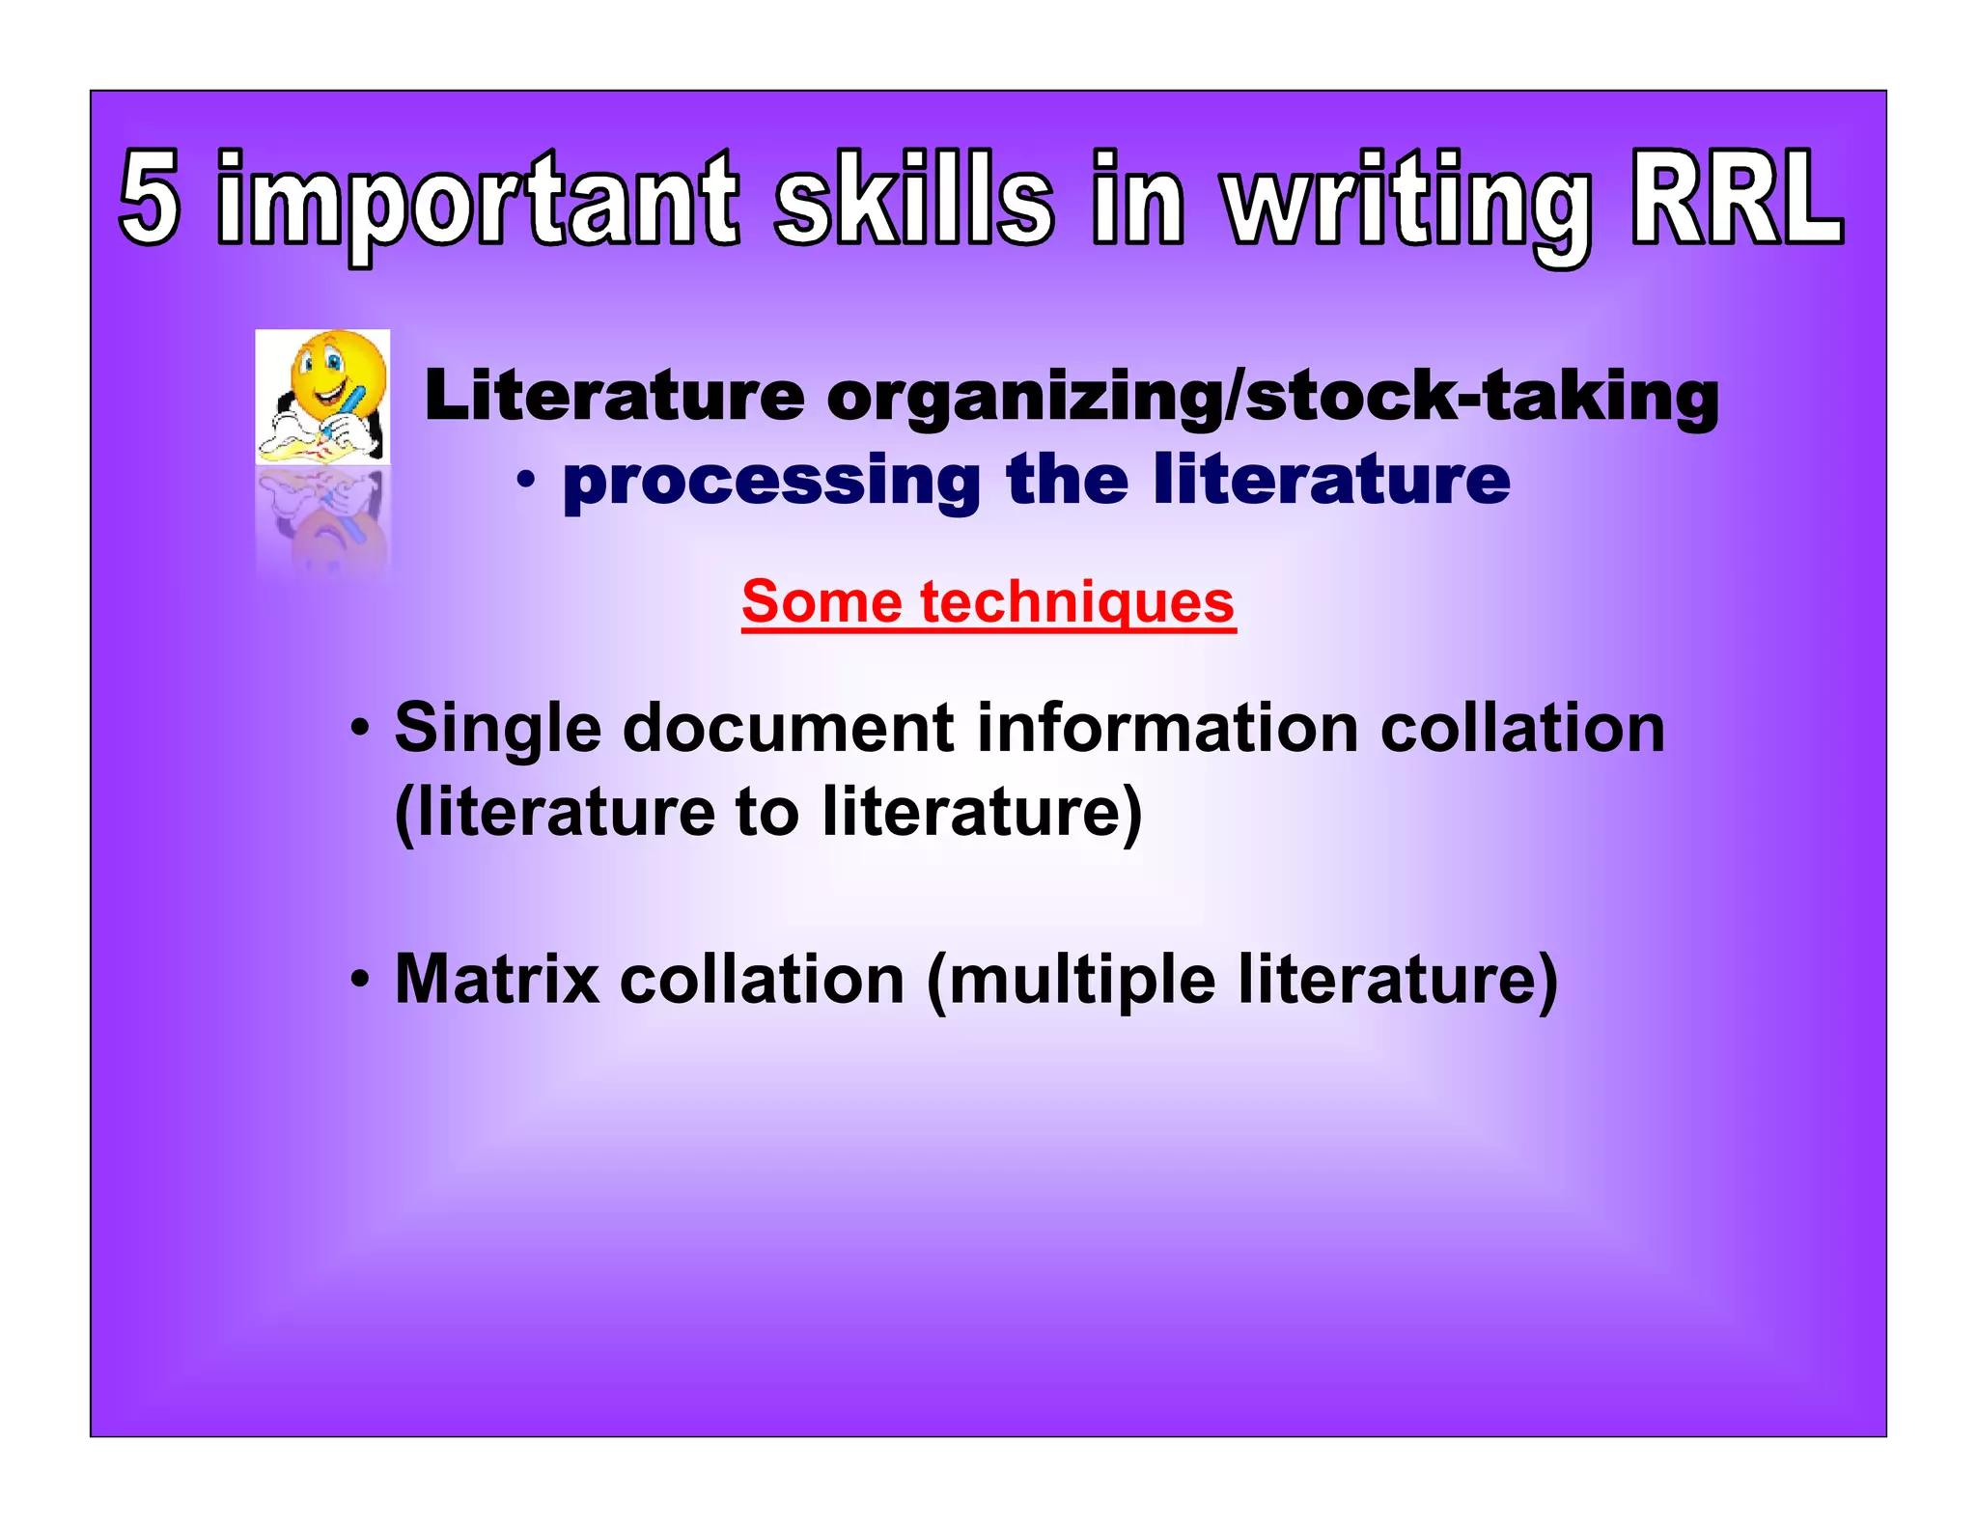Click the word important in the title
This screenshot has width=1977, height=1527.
(x=478, y=203)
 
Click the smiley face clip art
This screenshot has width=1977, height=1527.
(x=323, y=396)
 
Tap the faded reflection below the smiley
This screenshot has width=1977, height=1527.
(x=323, y=521)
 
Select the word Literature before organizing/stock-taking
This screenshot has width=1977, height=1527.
(x=614, y=397)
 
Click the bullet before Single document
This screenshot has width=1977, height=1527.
(x=359, y=728)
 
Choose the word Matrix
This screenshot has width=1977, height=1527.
(x=497, y=980)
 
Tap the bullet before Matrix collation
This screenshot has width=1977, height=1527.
(x=359, y=981)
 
